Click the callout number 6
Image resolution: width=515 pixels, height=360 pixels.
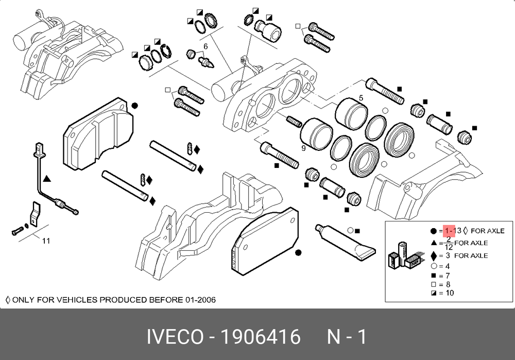coord(205,47)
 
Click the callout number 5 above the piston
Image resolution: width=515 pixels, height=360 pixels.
coord(361,98)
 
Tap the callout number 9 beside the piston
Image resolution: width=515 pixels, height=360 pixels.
coord(303,148)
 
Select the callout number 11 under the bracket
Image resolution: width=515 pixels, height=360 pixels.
coord(46,241)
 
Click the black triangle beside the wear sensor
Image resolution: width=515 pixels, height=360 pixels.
coord(47,179)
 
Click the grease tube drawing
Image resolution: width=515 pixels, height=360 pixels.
coord(345,243)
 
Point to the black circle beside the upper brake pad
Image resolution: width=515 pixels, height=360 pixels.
coord(134,106)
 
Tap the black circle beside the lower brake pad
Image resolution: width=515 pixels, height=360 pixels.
coord(298,252)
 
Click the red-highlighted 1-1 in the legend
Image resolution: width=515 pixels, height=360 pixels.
coord(449,231)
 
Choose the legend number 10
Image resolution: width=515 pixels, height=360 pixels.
coord(450,293)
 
